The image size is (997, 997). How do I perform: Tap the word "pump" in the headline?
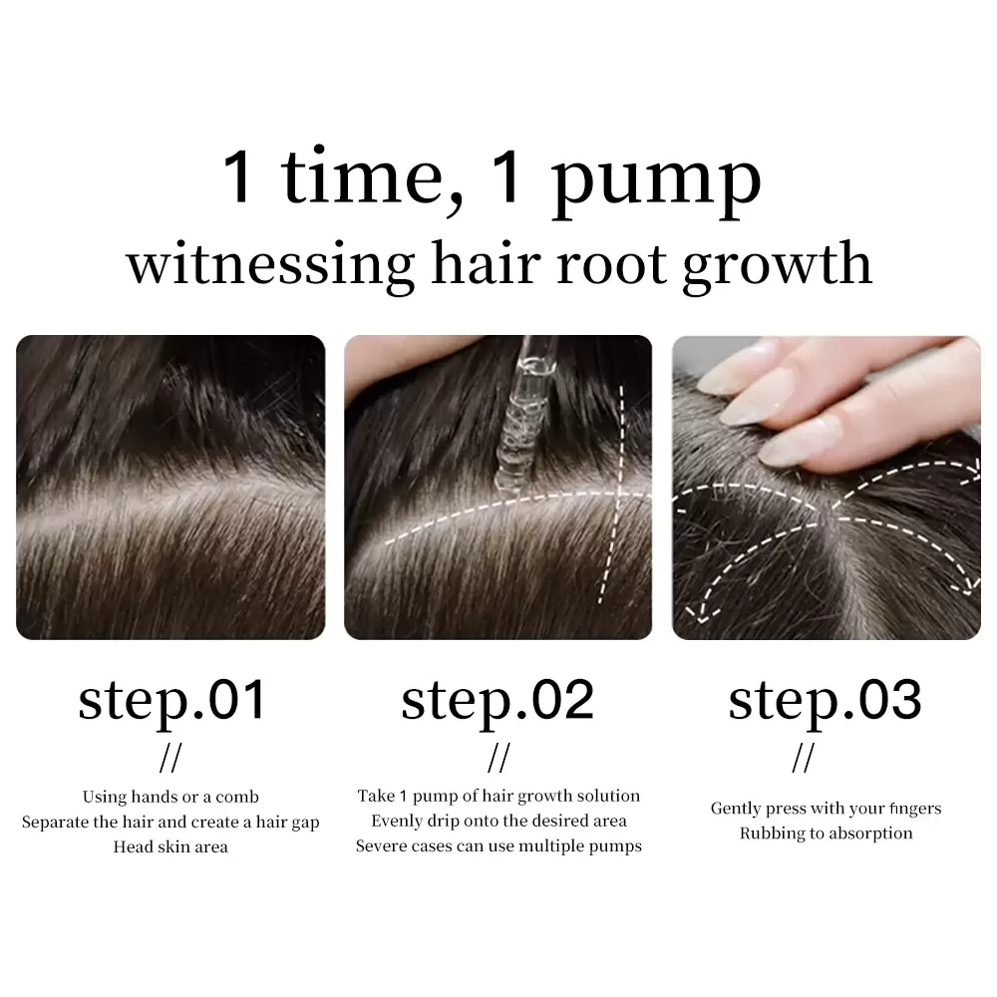[656, 184]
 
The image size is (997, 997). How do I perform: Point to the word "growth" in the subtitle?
[777, 266]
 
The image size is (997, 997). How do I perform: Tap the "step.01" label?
[171, 702]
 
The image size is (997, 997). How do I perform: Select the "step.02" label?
[498, 702]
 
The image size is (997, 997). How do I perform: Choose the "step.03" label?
[825, 702]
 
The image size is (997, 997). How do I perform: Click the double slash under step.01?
[170, 758]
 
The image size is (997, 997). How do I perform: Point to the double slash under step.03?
[803, 758]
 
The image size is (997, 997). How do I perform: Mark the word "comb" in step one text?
[237, 797]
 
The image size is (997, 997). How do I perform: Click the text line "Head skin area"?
[170, 846]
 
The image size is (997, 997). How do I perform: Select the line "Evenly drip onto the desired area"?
[499, 821]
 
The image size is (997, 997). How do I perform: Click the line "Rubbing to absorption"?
[826, 833]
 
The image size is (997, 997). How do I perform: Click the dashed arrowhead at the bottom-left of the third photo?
[700, 613]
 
